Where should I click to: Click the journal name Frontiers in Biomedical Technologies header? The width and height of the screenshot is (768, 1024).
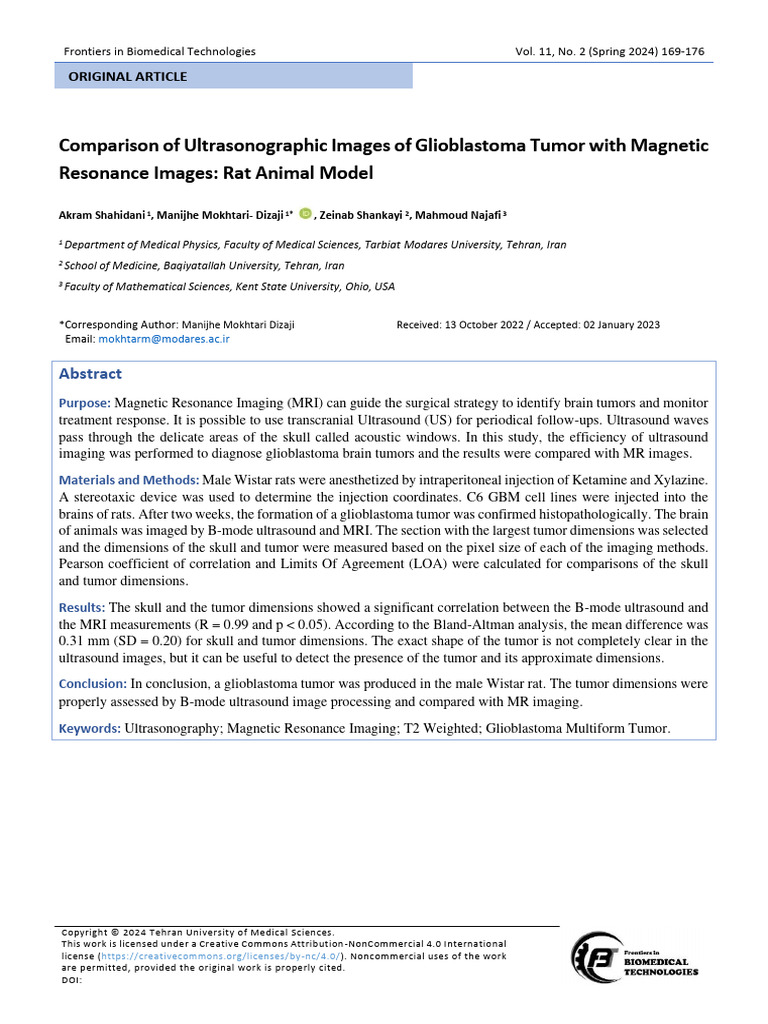tap(160, 51)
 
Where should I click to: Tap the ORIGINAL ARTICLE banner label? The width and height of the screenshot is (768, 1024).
tap(127, 76)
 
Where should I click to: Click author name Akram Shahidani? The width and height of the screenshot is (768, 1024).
tap(102, 214)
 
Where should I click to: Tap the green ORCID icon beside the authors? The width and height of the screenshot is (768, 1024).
tap(305, 213)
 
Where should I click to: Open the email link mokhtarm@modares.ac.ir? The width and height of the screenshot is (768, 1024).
tap(164, 339)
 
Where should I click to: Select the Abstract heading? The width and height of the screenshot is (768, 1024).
tap(90, 374)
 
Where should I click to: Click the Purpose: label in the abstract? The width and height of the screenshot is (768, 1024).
tap(85, 402)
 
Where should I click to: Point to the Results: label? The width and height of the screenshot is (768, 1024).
tap(82, 607)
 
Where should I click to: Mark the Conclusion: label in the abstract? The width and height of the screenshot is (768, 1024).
tap(92, 684)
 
